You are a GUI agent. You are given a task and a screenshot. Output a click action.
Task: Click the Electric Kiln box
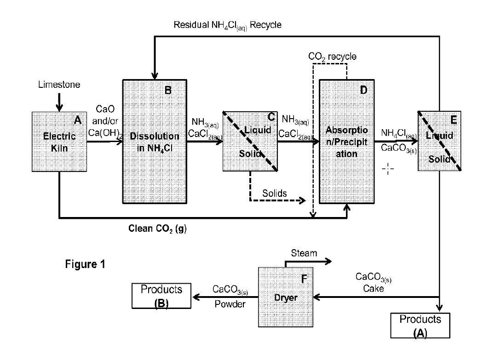[x=59, y=142]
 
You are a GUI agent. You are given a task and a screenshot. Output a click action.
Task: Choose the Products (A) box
[x=420, y=326]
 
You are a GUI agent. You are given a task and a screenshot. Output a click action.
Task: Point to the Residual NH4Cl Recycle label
[x=227, y=25]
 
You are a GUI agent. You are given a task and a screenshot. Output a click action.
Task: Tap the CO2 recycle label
[x=332, y=57]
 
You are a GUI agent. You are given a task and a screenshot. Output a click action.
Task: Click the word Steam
[x=304, y=253]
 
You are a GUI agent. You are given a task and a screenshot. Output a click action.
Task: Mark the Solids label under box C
[x=275, y=193]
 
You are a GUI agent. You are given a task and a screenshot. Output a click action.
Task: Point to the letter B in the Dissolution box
[x=168, y=90]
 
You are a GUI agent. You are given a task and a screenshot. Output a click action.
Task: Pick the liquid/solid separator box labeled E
[x=439, y=142]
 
